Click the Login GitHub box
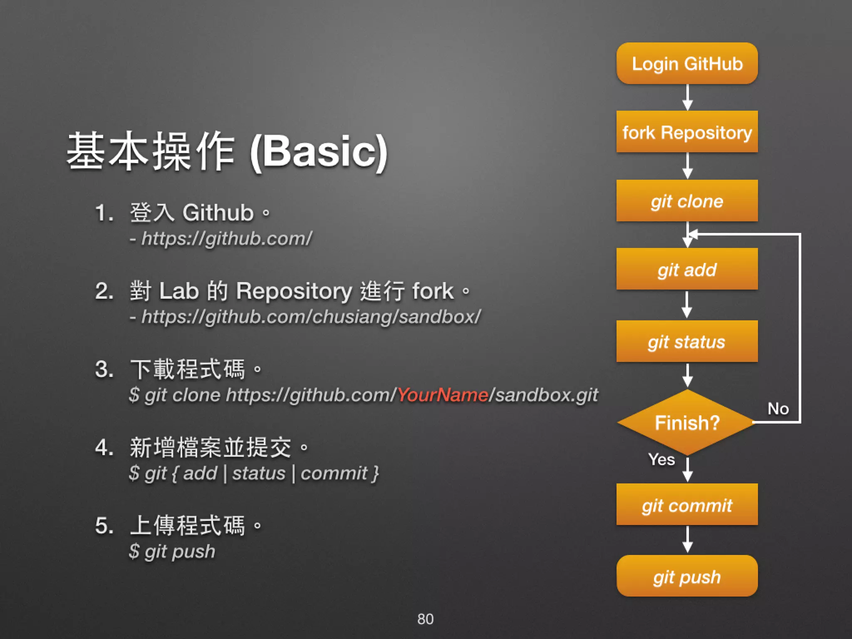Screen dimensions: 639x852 [687, 64]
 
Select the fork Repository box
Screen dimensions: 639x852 [687, 132]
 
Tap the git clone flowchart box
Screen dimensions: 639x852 [687, 201]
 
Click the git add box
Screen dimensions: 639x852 [687, 269]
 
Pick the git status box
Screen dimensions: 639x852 [687, 341]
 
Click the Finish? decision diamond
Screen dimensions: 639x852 [687, 422]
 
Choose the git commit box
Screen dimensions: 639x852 [687, 505]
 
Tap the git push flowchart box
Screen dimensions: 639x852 [687, 576]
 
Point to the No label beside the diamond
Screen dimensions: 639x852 [778, 409]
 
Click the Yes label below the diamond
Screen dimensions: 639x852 [661, 459]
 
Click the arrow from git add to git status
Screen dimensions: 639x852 [687, 305]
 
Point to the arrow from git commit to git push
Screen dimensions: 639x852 [688, 540]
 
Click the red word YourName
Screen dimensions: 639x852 [442, 394]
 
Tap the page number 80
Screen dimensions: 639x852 [425, 619]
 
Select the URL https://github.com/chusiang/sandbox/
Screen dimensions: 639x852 [311, 317]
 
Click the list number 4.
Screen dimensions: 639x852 [104, 448]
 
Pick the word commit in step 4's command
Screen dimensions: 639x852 [334, 473]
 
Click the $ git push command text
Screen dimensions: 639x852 [172, 551]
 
